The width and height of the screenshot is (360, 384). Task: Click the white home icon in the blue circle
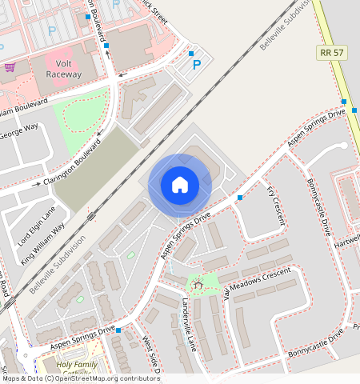click(x=180, y=185)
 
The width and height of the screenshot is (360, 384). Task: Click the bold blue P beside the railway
click(x=192, y=55)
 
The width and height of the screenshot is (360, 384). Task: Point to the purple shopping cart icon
click(x=9, y=67)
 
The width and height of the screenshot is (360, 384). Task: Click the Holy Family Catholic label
click(x=78, y=370)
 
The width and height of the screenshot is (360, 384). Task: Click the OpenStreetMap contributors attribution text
click(x=80, y=378)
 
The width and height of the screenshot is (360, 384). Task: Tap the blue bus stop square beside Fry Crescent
click(x=240, y=197)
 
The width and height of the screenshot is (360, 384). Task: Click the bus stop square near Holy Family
click(x=118, y=330)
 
